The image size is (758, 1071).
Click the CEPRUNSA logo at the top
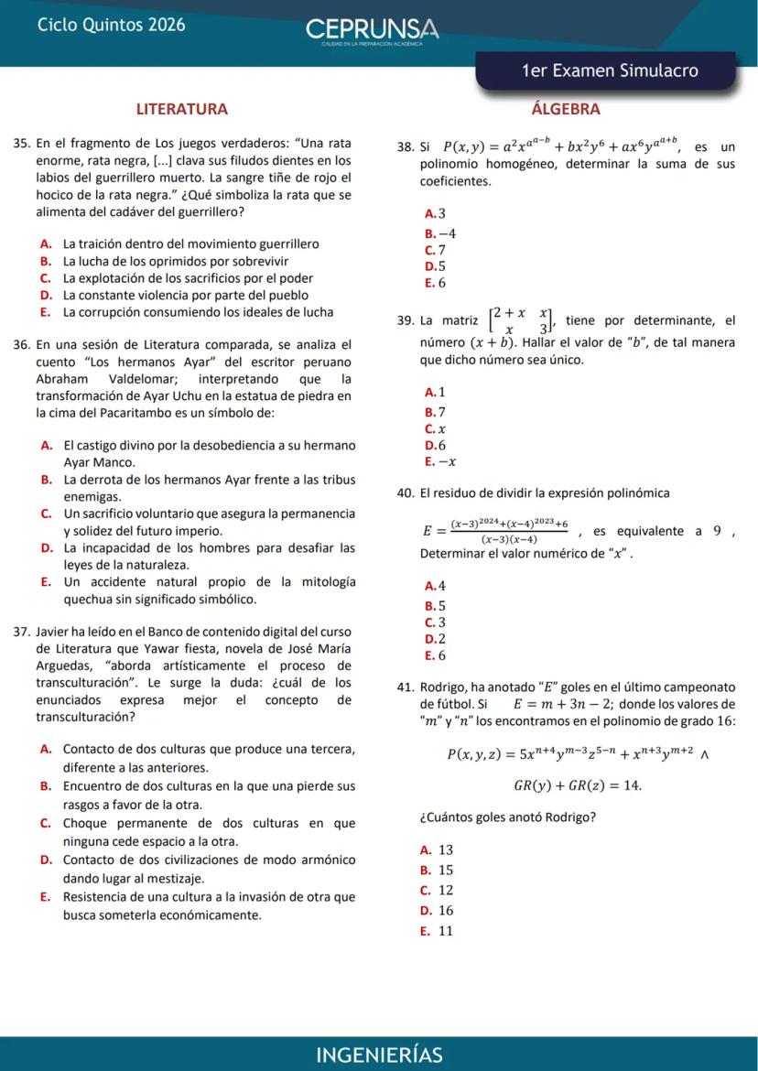point(372,29)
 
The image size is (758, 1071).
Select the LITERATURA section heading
point(182,109)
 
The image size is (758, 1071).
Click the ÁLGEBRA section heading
point(566,109)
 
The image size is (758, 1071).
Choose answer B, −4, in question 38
point(440,233)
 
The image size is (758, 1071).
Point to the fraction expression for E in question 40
point(496,531)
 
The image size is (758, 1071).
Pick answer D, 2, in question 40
point(436,639)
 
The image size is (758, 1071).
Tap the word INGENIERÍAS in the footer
point(379,1055)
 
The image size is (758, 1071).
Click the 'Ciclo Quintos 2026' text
point(111,25)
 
